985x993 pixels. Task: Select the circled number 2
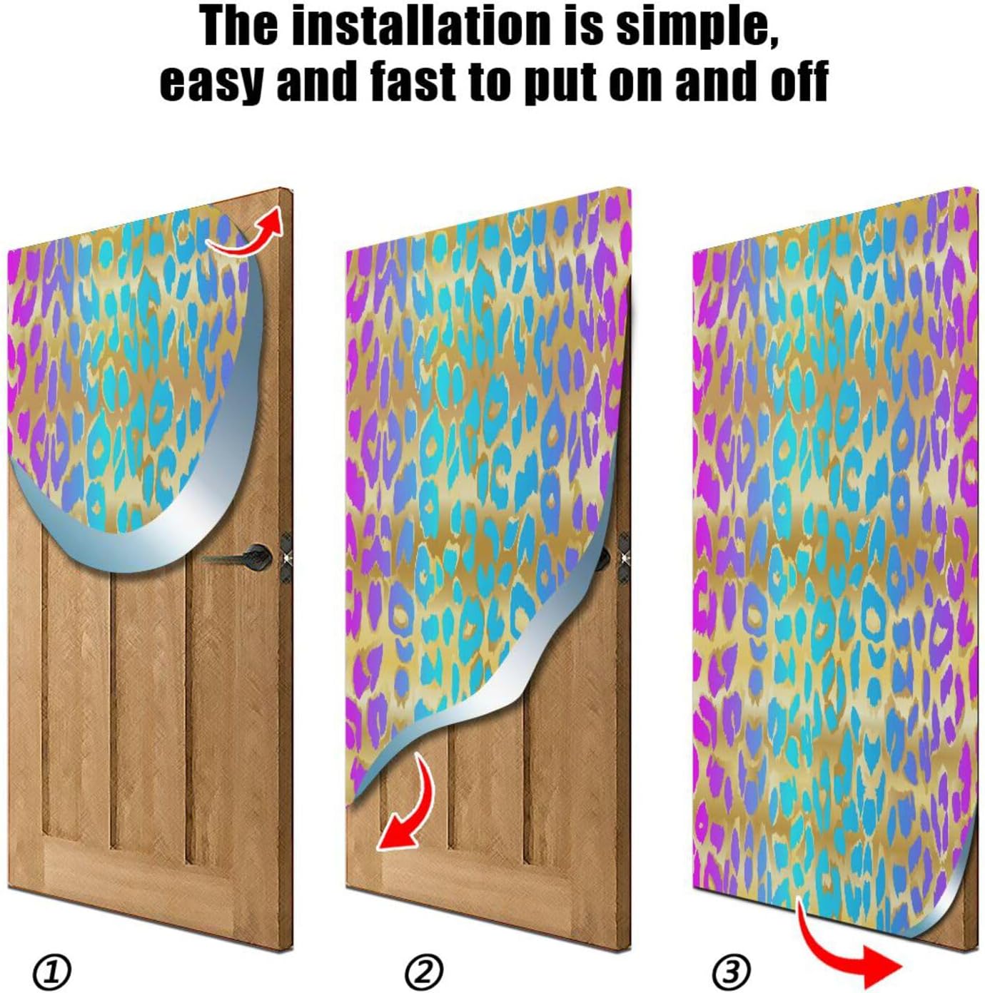coord(424,971)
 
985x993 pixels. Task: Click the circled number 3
coord(732,971)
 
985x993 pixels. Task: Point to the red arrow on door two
coord(410,806)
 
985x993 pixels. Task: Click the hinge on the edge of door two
coord(625,555)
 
